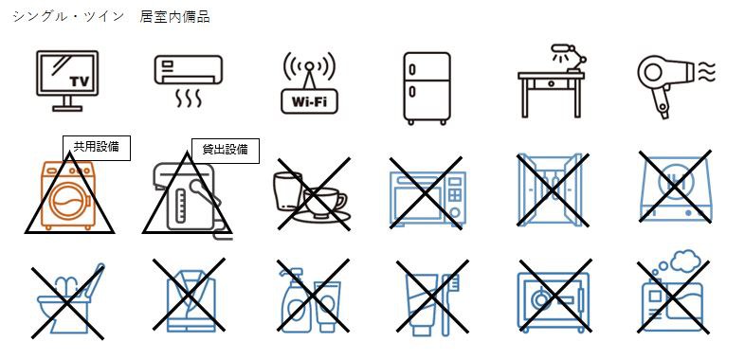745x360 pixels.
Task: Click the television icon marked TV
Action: click(x=67, y=81)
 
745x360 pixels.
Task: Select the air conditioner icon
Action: click(x=189, y=81)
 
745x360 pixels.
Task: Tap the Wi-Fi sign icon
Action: click(x=309, y=82)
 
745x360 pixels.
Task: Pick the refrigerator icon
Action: click(x=427, y=88)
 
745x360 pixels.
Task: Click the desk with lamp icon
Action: click(x=552, y=81)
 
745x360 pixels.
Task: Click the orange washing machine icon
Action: click(x=69, y=196)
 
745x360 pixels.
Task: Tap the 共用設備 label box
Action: click(x=97, y=148)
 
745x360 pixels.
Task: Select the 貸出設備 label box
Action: click(x=226, y=151)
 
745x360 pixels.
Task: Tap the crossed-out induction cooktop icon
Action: click(x=675, y=188)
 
